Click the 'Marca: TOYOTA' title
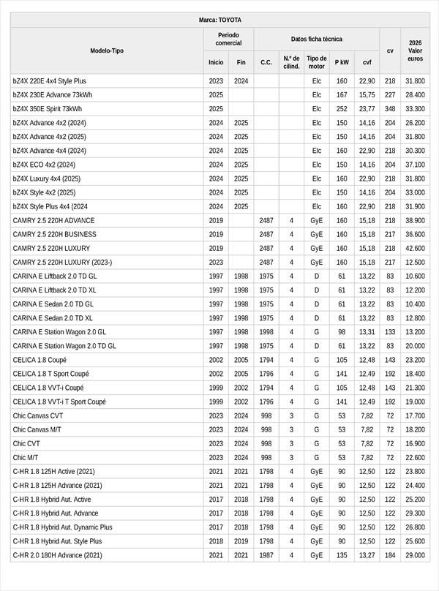(x=219, y=20)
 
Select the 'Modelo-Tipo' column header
(x=107, y=50)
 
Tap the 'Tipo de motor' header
(x=316, y=62)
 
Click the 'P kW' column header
(x=342, y=62)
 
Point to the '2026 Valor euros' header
(x=415, y=50)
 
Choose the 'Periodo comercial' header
(x=228, y=39)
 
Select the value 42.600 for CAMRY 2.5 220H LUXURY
(x=415, y=248)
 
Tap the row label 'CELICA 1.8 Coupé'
(x=40, y=360)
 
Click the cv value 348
(x=390, y=109)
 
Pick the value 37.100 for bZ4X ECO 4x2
(x=415, y=165)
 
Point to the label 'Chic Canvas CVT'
(x=37, y=415)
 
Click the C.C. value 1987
(x=266, y=555)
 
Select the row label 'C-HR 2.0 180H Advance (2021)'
(x=58, y=555)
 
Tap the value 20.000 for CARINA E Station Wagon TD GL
(x=415, y=346)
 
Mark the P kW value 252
(x=342, y=109)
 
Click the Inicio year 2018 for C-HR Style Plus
(x=216, y=541)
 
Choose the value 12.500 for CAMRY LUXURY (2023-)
(x=415, y=262)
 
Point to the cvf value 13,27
(x=367, y=555)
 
